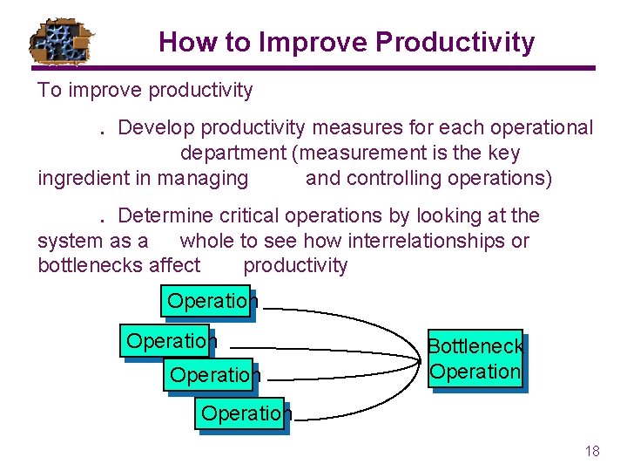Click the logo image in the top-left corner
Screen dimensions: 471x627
tap(64, 40)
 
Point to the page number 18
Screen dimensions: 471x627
tap(592, 451)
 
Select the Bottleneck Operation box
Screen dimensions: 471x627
tap(475, 358)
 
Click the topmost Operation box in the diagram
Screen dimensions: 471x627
tap(206, 301)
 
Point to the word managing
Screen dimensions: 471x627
tap(203, 179)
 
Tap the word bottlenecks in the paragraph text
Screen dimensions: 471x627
tap(93, 266)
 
